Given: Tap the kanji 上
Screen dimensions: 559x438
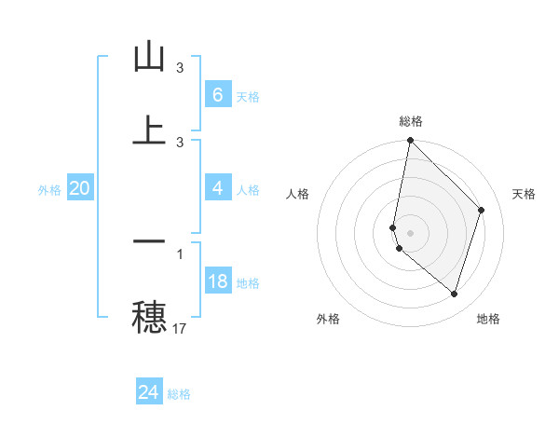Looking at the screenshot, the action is pos(149,130).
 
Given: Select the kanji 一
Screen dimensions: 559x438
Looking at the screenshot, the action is pos(149,241).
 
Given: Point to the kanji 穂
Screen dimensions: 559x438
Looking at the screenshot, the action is pos(149,316).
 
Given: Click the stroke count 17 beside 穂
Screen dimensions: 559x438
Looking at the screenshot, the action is pos(180,328).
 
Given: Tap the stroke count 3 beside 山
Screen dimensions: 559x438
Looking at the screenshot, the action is pos(180,68).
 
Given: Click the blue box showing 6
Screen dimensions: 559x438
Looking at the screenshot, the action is pos(217,95).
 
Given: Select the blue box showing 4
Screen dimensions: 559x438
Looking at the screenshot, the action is pos(217,188).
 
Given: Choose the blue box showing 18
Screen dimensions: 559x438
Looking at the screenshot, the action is pos(217,281).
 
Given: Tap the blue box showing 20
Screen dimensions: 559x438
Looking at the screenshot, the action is pos(79,188).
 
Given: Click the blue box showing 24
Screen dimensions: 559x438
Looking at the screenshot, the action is pos(148,393).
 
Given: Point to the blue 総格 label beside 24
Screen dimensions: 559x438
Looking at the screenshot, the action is pos(179,394).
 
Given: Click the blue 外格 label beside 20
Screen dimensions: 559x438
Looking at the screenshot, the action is pos(49,189).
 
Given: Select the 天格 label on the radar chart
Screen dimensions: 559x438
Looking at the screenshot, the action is pos(525,194).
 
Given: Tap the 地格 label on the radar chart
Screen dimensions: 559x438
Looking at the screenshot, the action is pos(488,319).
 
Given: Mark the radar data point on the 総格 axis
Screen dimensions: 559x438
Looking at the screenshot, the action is pos(410,141).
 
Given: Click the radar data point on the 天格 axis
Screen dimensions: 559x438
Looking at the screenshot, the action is pos(482,210).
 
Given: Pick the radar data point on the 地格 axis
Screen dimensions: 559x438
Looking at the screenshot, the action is pos(454,294).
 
